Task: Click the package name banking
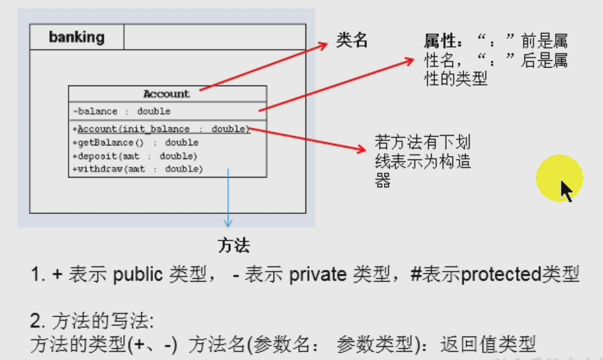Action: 77,37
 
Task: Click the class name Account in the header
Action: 167,94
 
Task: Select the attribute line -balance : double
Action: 122,112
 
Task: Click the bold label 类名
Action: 352,40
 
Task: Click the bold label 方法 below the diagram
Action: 233,245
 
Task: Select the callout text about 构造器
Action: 422,161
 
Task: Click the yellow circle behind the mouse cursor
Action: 559,178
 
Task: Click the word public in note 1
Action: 138,275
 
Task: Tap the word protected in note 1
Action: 500,275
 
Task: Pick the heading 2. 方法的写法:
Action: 91,321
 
